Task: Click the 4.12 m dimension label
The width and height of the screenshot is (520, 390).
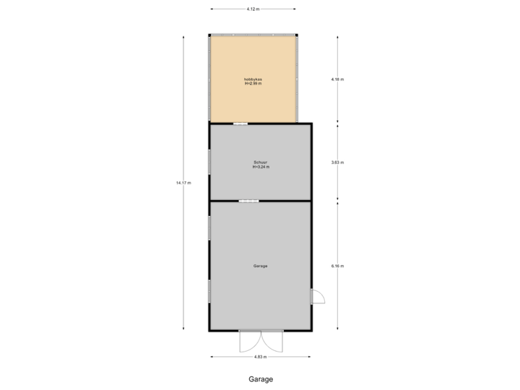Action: [252, 9]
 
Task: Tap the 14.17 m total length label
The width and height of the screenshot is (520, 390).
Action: [183, 183]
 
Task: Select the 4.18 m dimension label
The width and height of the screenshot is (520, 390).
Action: [337, 79]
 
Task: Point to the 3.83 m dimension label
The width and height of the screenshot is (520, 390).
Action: [337, 162]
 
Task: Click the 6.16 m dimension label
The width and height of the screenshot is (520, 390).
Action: [337, 266]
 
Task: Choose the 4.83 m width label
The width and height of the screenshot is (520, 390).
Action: [260, 357]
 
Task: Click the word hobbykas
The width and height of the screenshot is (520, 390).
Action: [253, 79]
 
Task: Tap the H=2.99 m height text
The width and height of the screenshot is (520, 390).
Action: [253, 84]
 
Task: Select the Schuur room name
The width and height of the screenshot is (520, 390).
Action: [260, 162]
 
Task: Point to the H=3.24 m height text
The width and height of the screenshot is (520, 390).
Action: [261, 167]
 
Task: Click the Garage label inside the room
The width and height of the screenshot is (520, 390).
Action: [260, 266]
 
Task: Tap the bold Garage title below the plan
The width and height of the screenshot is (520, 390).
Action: [261, 378]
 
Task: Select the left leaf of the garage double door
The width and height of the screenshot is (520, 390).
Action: [249, 341]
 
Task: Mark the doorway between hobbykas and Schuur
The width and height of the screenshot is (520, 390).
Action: [239, 123]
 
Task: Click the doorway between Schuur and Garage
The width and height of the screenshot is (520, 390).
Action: [248, 201]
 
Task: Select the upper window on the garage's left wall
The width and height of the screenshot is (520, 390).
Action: [209, 228]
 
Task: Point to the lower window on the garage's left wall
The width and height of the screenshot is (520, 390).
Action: [209, 291]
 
